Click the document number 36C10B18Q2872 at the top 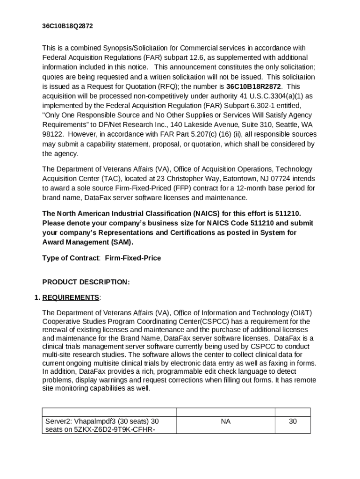[67, 26]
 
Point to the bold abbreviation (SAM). [123, 242]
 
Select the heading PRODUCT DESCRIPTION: [86, 282]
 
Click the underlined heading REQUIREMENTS [71, 298]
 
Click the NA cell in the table [225, 421]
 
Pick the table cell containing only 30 [293, 421]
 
